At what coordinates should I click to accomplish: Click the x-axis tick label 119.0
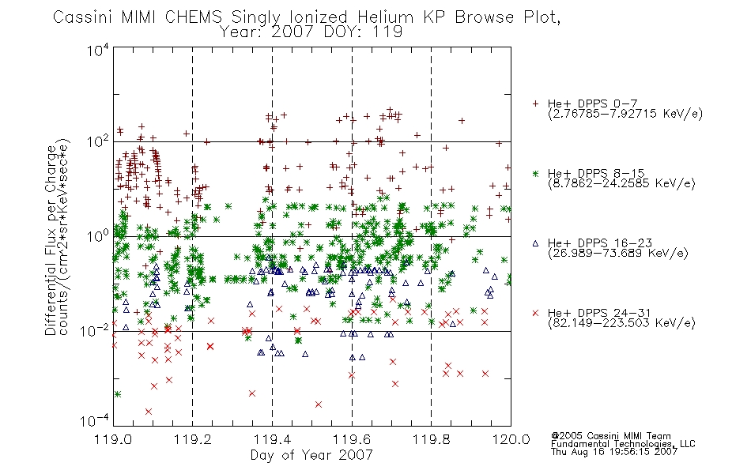tap(113, 439)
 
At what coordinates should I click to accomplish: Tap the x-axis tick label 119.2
tap(193, 439)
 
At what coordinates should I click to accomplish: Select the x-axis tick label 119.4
tap(272, 439)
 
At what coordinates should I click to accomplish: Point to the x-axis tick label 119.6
tap(352, 439)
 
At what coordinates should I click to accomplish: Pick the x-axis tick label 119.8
tap(431, 439)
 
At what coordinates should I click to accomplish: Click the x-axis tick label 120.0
tap(511, 439)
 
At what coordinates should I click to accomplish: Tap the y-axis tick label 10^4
tap(98, 50)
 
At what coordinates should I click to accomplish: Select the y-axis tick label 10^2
tap(98, 141)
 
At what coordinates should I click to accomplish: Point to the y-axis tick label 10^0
tap(98, 236)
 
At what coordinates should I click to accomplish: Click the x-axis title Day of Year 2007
tap(311, 455)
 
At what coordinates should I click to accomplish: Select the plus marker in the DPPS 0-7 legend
tap(535, 103)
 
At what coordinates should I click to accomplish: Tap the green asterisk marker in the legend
tap(535, 173)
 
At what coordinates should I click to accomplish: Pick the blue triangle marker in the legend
tap(535, 243)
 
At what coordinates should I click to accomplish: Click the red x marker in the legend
tap(535, 313)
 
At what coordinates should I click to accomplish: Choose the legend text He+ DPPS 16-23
tap(600, 243)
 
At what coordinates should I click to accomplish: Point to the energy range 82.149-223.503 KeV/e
tap(621, 323)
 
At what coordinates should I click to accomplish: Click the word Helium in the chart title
tap(385, 17)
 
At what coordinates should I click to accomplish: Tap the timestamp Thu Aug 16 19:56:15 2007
tap(614, 452)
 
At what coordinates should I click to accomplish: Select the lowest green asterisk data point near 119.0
tap(117, 394)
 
